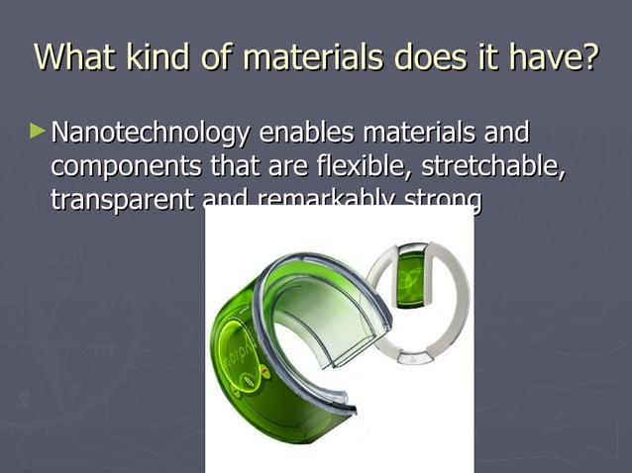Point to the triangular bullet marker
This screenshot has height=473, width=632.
[x=38, y=130]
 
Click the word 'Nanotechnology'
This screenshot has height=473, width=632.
[x=150, y=133]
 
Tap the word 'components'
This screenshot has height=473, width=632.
[x=125, y=165]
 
